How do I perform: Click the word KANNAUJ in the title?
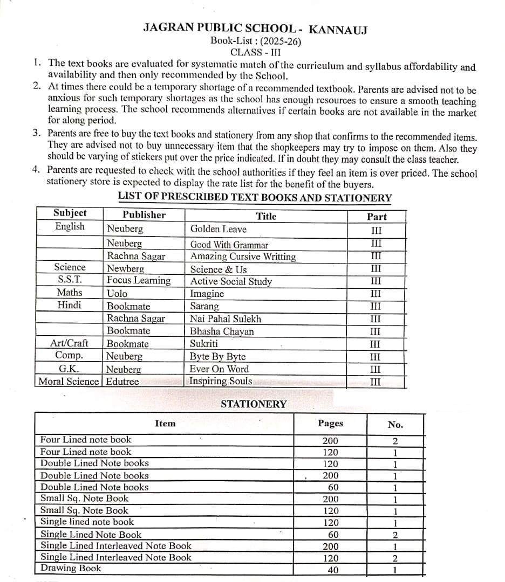click(338, 29)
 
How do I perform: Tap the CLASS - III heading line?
click(255, 52)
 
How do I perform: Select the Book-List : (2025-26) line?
click(256, 41)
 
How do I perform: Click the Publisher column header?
click(144, 214)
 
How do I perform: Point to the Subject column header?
click(70, 213)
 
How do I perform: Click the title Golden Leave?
click(218, 229)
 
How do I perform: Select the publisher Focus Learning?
click(139, 280)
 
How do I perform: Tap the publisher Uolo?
click(117, 293)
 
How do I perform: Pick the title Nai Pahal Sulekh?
click(225, 318)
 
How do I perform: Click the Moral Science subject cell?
click(69, 382)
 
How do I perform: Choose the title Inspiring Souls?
click(221, 381)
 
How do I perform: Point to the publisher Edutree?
click(122, 382)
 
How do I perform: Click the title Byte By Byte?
click(217, 357)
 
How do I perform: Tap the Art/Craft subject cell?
click(69, 343)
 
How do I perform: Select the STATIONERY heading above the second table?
click(254, 404)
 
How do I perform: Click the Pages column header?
click(330, 424)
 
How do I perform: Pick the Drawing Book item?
click(71, 568)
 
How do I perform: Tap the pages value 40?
click(333, 570)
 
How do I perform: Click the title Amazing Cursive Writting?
click(243, 257)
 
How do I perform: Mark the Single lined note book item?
click(87, 522)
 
